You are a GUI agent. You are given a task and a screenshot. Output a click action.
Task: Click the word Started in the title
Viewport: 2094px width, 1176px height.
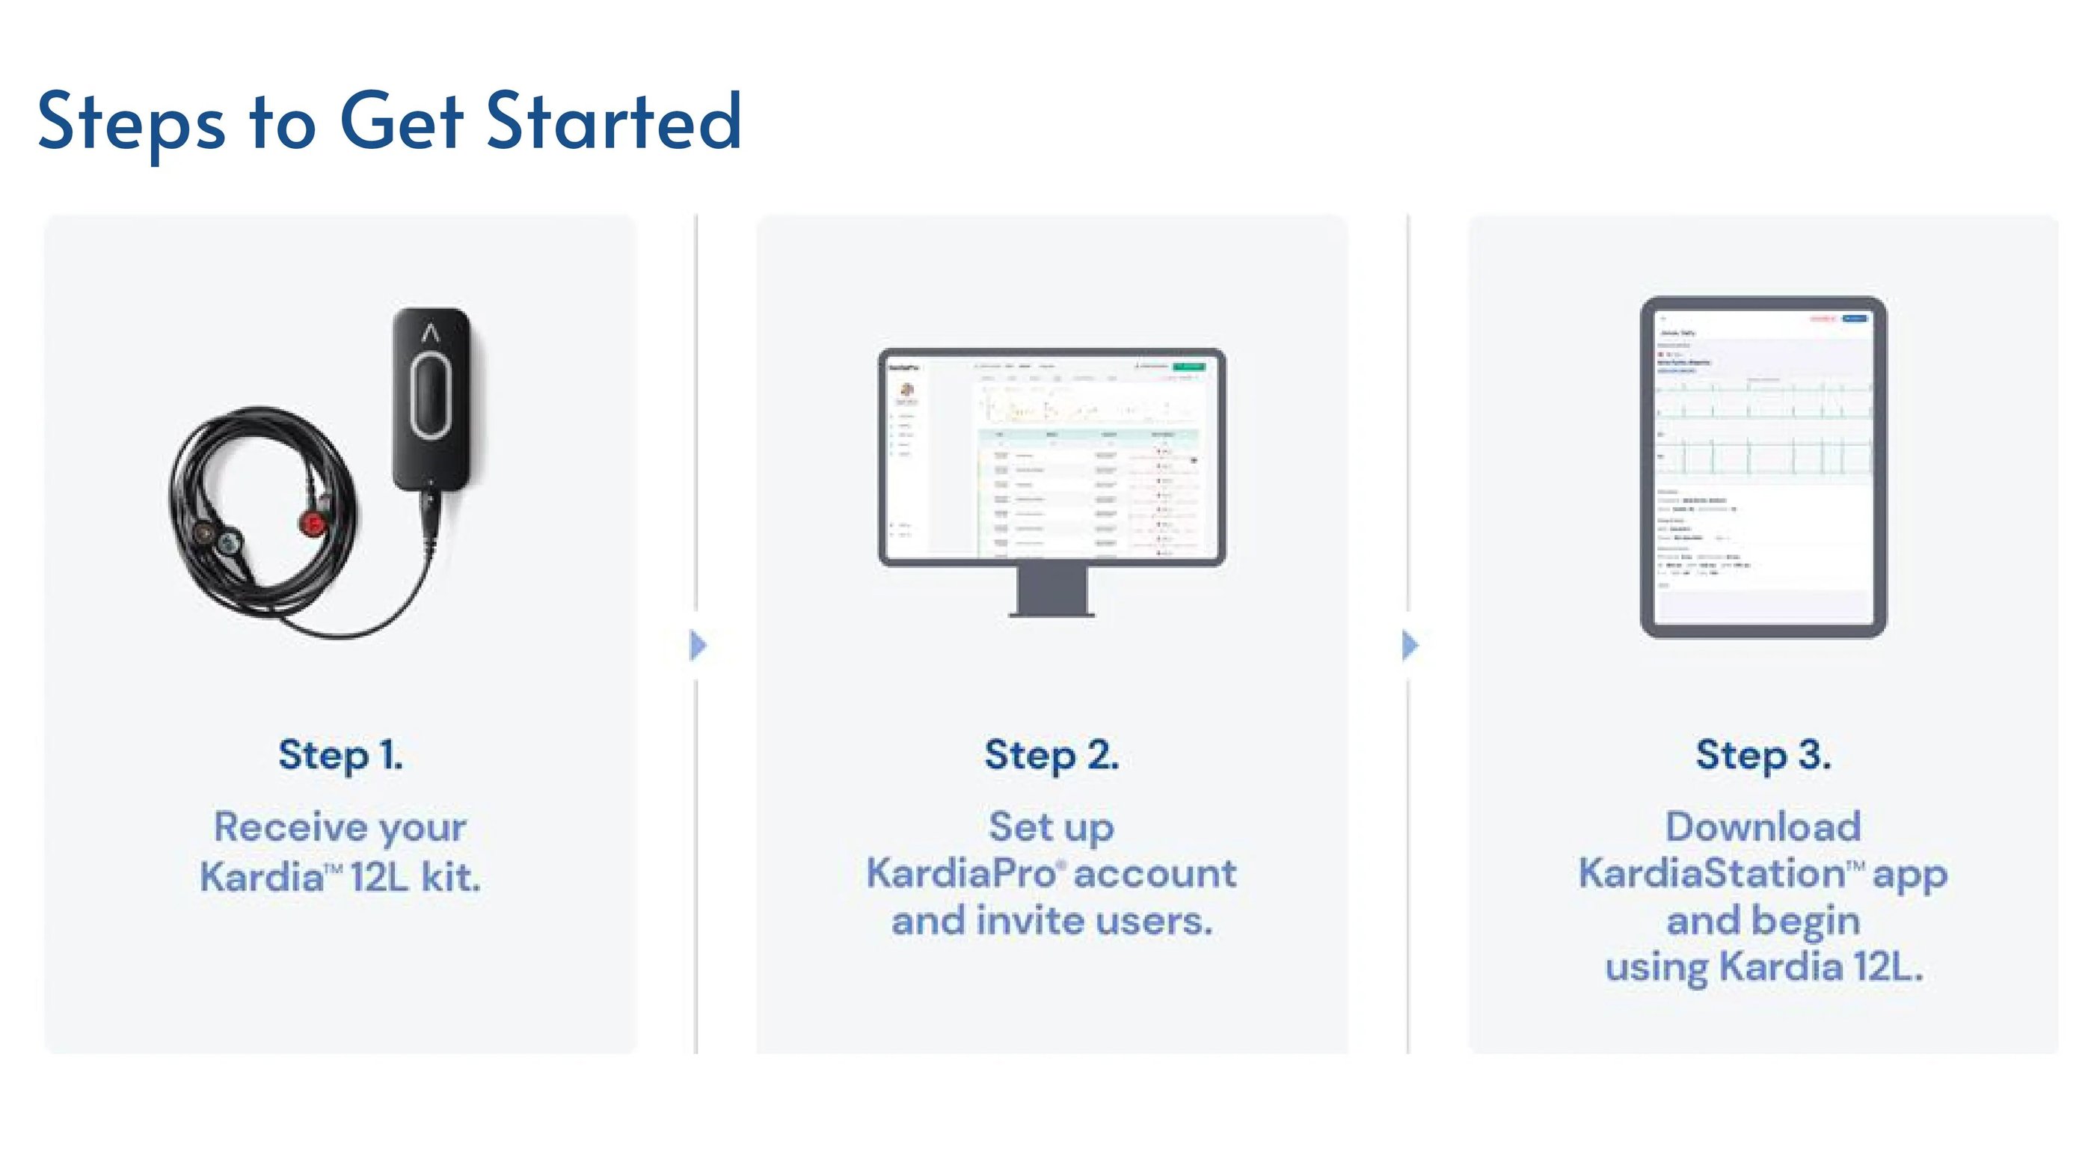[614, 122]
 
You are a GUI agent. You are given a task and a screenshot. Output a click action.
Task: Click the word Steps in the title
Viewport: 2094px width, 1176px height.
[131, 122]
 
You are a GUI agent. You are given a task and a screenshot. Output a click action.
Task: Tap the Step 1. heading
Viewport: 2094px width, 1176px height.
[340, 755]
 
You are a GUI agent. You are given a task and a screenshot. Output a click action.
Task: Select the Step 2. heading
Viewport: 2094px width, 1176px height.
[1051, 755]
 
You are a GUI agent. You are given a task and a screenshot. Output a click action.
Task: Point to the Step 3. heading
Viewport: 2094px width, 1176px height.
[1763, 755]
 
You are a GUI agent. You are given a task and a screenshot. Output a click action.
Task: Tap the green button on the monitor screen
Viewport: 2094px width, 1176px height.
[1188, 367]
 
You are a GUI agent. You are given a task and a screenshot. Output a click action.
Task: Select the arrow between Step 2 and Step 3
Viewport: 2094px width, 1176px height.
[1410, 645]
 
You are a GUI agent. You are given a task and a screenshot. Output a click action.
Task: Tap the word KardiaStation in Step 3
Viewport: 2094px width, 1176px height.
[1710, 874]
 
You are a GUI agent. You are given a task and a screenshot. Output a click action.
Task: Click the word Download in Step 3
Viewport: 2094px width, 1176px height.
[1763, 827]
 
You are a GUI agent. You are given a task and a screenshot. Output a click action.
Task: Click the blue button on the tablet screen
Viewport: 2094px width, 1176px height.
[1855, 319]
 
